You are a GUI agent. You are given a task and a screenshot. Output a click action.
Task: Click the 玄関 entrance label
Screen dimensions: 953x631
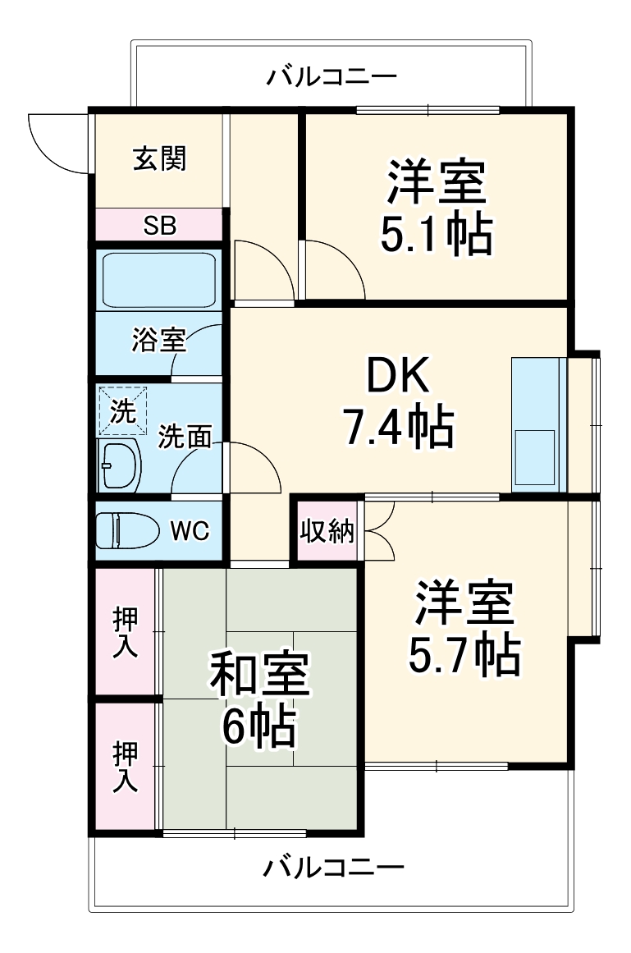(159, 158)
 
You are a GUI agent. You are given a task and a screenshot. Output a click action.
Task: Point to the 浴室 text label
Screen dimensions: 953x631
(158, 340)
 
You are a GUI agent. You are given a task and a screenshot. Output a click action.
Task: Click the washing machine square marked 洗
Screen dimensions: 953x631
(123, 411)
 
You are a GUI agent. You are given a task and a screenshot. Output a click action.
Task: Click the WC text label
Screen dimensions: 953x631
(190, 531)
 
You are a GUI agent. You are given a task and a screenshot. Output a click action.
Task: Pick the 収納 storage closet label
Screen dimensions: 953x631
(326, 532)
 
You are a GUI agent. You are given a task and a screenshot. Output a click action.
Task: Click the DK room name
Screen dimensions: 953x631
(397, 378)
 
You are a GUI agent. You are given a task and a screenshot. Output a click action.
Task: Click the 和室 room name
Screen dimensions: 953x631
(258, 675)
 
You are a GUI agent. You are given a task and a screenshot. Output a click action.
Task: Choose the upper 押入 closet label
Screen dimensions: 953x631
(125, 633)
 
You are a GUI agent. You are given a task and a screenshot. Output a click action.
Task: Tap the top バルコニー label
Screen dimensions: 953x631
(332, 78)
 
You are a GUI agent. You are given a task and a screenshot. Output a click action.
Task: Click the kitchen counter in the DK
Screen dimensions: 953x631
(538, 424)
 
